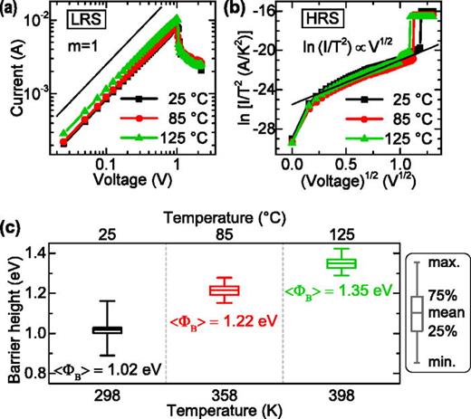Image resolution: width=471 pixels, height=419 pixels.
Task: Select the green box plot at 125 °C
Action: (341, 263)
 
